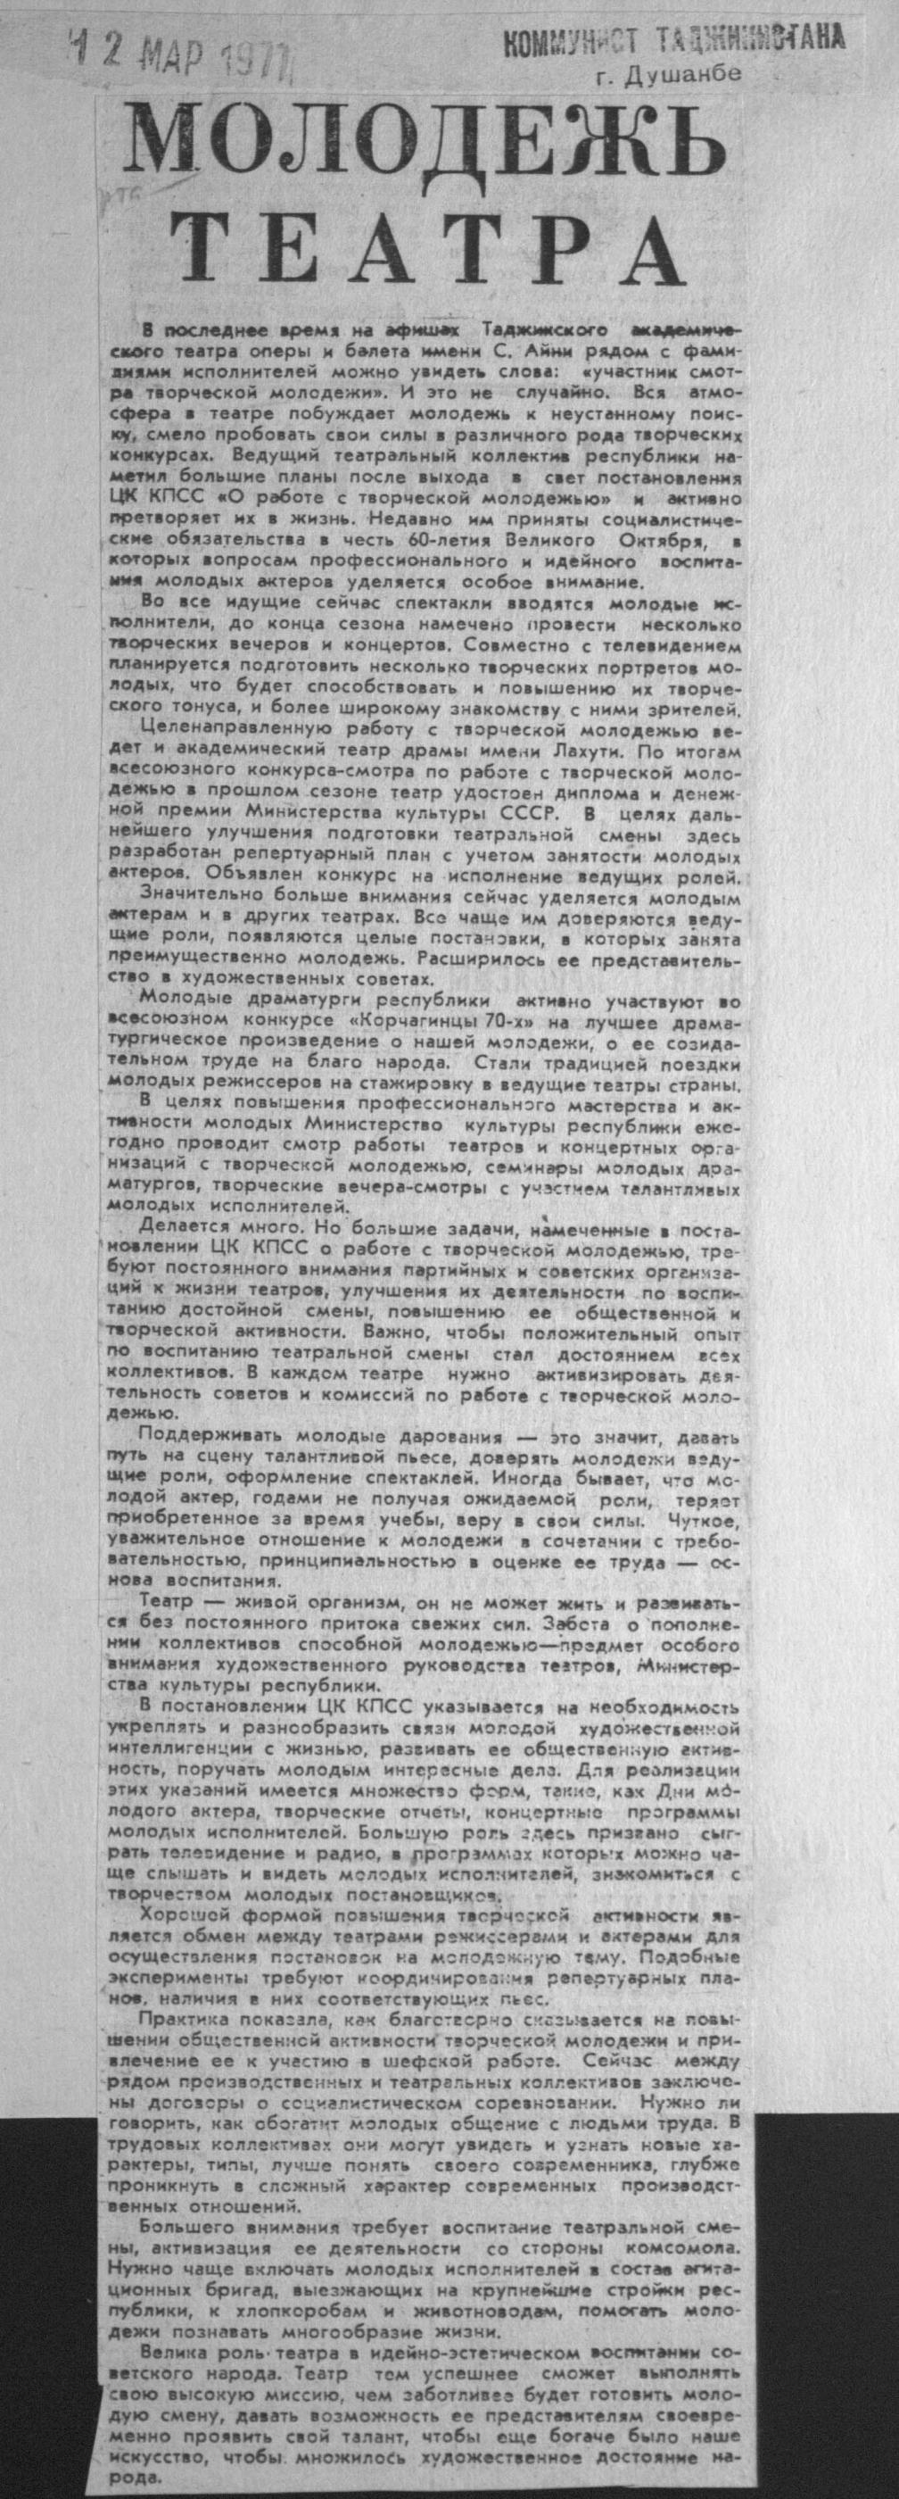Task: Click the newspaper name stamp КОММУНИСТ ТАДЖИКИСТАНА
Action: coord(673,40)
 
